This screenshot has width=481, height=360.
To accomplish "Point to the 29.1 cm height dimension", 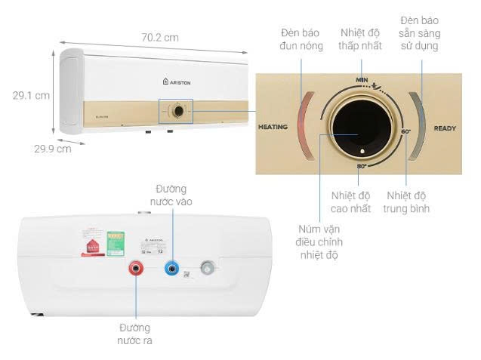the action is point(31,96).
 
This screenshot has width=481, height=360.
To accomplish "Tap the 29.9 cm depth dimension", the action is point(52,149).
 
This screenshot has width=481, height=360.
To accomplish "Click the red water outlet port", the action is point(137,267).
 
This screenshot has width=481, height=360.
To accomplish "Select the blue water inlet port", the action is point(174,266).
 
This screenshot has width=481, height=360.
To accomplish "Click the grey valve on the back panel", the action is point(208,266).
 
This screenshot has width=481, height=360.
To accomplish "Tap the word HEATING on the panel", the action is point(273,127).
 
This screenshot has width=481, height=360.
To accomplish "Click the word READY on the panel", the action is point(445,128).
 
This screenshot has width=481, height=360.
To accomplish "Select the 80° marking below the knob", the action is point(362,165).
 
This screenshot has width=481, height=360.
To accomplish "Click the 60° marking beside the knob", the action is point(406,132).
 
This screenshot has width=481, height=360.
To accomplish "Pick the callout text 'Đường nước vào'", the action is point(171,195).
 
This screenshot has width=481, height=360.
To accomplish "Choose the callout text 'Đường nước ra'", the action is point(135,334).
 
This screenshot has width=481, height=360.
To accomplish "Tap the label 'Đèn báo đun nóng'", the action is point(301,39).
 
